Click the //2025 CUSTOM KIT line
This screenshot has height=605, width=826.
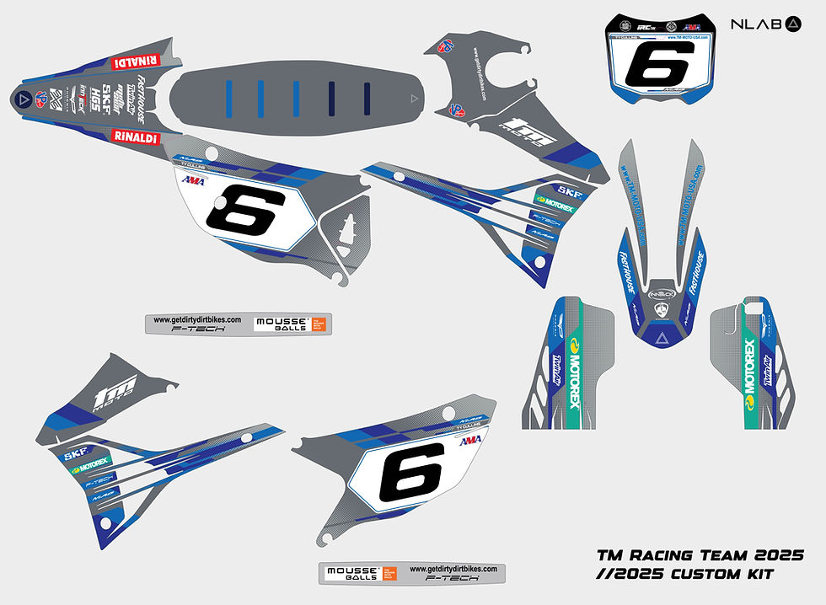pyautogui.click(x=684, y=575)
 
